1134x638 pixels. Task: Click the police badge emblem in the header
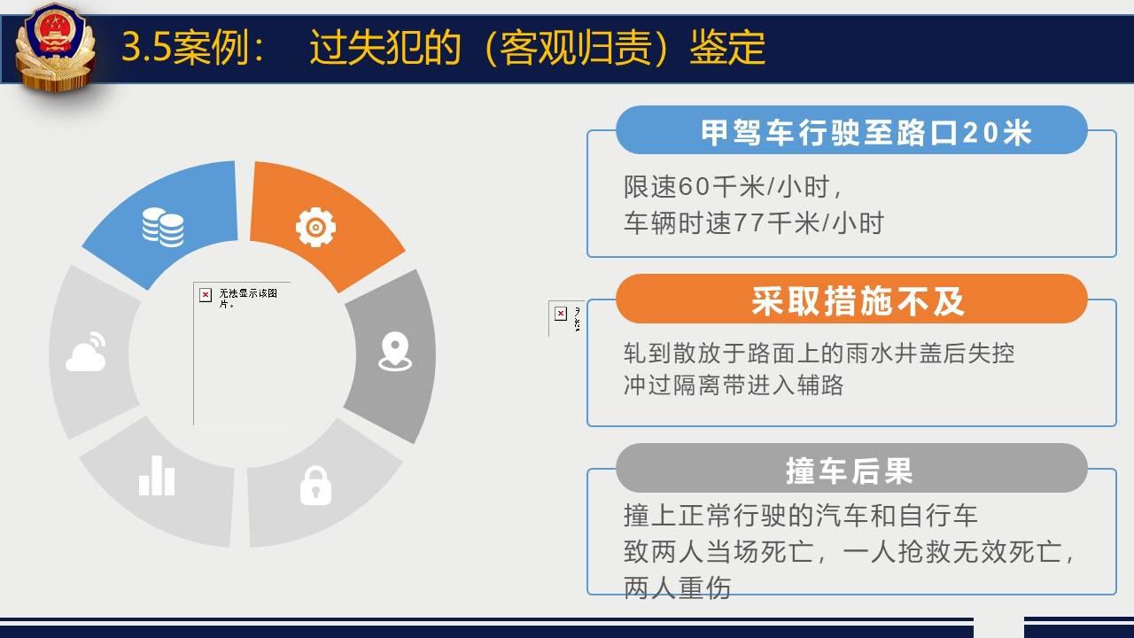pyautogui.click(x=55, y=47)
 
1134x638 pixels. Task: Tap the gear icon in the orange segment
pyautogui.click(x=315, y=227)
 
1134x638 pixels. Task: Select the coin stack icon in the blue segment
pyautogui.click(x=163, y=228)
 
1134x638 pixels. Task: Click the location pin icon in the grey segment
pyautogui.click(x=395, y=351)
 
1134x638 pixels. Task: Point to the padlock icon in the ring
pyautogui.click(x=316, y=486)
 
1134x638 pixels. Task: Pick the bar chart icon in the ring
pyautogui.click(x=157, y=475)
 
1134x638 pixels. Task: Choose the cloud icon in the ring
pyautogui.click(x=86, y=352)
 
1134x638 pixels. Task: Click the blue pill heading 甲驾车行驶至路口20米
pyautogui.click(x=851, y=130)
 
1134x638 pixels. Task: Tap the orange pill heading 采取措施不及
pyautogui.click(x=851, y=299)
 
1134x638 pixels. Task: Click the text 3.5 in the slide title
pyautogui.click(x=146, y=47)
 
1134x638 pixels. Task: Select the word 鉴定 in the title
pyautogui.click(x=727, y=47)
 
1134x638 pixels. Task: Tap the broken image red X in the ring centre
pyautogui.click(x=205, y=295)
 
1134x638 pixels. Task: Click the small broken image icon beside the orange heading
pyautogui.click(x=561, y=314)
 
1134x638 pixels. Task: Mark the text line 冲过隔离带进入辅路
pyautogui.click(x=734, y=385)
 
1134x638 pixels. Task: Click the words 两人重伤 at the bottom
pyautogui.click(x=677, y=587)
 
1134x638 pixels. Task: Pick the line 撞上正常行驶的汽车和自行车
pyautogui.click(x=800, y=516)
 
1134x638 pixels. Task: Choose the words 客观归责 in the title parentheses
pyautogui.click(x=576, y=47)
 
